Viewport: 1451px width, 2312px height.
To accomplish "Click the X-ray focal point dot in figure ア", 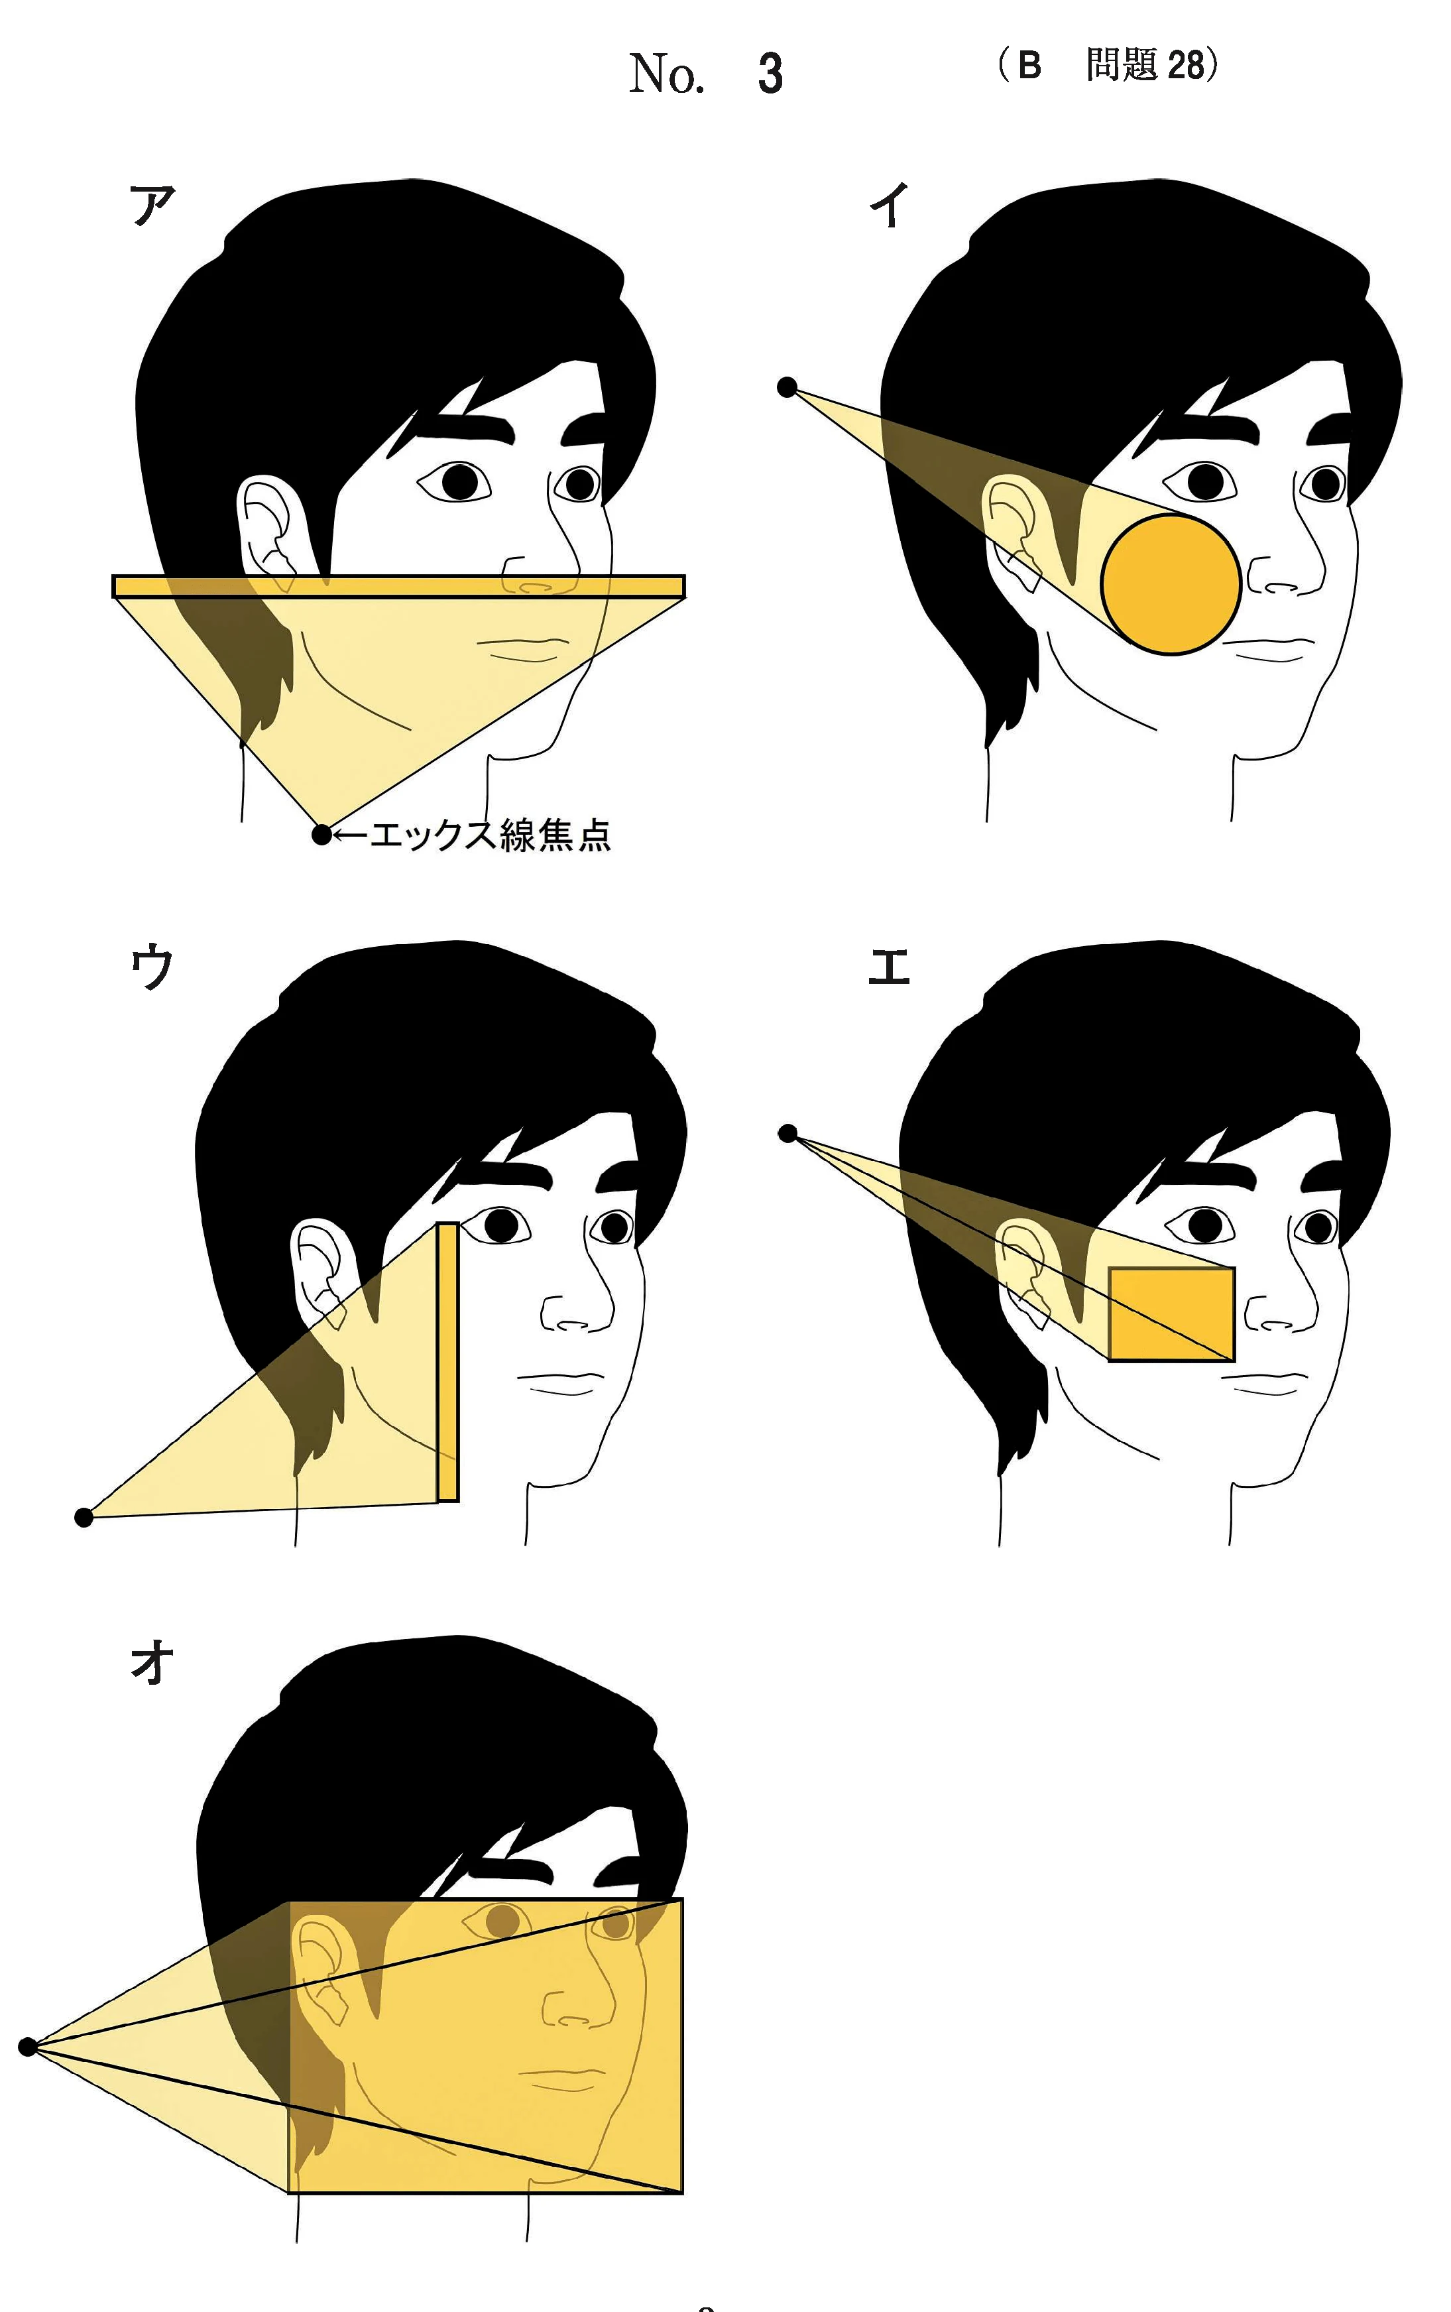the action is coord(322,834).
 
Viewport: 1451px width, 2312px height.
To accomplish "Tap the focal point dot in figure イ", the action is coord(787,388).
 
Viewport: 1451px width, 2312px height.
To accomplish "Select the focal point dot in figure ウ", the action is coord(84,1517).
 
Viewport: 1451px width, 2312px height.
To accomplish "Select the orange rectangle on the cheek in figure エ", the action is coord(1172,1314).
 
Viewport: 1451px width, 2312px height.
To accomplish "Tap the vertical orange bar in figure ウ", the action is coord(447,1361).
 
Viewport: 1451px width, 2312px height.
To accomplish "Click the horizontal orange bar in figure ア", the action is coord(398,586).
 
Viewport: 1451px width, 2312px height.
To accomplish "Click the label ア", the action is coord(152,204).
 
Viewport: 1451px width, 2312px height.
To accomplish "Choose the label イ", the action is coord(890,204).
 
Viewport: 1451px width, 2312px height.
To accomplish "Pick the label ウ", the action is coord(152,967).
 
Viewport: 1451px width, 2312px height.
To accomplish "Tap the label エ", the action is coord(889,967).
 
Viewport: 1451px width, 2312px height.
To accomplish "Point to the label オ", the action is coord(152,1662).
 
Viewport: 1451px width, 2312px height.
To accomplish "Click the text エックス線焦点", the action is coord(489,835).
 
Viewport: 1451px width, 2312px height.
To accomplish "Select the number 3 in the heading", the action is coord(770,74).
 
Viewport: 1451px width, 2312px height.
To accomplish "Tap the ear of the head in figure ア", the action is coord(272,530).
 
